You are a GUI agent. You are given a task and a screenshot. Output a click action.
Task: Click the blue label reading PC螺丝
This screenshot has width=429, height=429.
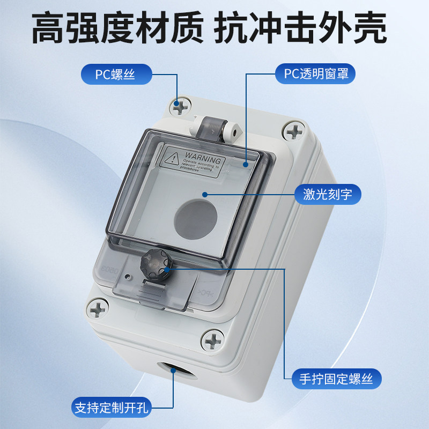(115, 74)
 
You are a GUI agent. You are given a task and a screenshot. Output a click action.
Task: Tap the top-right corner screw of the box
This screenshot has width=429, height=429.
(294, 130)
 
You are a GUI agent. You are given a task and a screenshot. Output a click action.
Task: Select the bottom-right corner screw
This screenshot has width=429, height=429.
(213, 339)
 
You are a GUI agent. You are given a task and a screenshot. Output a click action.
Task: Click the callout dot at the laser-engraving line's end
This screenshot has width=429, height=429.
(205, 194)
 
